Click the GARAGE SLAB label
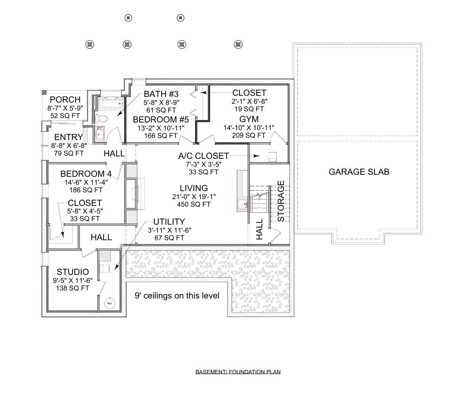pyautogui.click(x=359, y=172)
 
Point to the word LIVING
pyautogui.click(x=194, y=188)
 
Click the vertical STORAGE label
pyautogui.click(x=281, y=201)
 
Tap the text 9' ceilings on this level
pyautogui.click(x=177, y=296)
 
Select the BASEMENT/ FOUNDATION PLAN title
pyautogui.click(x=238, y=372)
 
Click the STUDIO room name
pyautogui.click(x=73, y=272)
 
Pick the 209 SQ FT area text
pyautogui.click(x=248, y=135)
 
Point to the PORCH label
pyautogui.click(x=65, y=100)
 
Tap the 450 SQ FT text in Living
pyautogui.click(x=194, y=204)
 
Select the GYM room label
pyautogui.click(x=249, y=119)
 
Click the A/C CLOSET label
pyautogui.click(x=204, y=156)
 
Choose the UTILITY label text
pyautogui.click(x=169, y=221)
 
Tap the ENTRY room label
pyautogui.click(x=69, y=137)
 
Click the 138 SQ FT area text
pyautogui.click(x=73, y=288)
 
